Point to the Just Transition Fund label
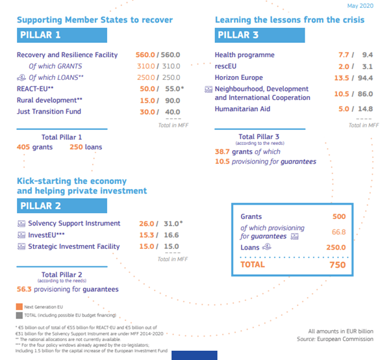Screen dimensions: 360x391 49,111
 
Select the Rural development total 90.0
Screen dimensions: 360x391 172,100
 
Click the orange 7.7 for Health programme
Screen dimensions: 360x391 344,55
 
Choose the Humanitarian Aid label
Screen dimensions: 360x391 242,109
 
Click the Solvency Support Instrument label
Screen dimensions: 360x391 73,224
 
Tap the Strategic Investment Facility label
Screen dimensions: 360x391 73,246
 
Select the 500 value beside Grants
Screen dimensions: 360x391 338,216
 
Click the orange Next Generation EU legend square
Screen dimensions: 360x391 19,307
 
